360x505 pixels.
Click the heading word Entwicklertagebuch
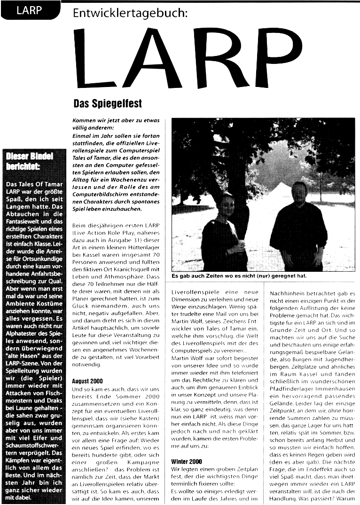[130, 14]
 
